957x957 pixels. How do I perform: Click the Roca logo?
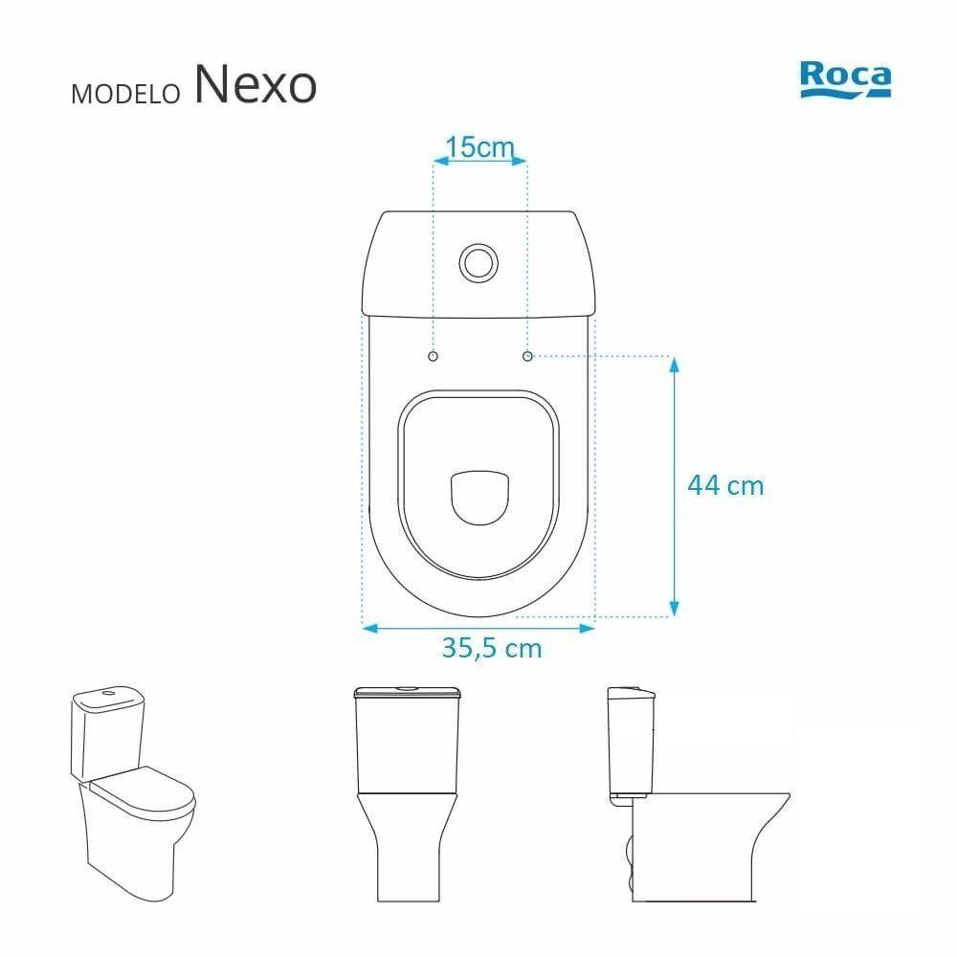click(845, 78)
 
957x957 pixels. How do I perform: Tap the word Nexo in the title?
click(255, 85)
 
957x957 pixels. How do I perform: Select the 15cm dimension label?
click(480, 147)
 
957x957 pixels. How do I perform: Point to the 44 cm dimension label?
click(725, 485)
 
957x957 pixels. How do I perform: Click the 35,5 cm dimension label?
click(492, 648)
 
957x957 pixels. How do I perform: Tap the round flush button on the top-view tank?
click(478, 260)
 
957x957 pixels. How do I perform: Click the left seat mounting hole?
click(433, 356)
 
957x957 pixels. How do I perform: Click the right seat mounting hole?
click(527, 356)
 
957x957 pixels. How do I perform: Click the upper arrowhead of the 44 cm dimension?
click(674, 365)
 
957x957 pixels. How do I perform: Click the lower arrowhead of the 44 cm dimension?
click(674, 609)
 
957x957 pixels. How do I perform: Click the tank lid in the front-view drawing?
click(409, 691)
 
